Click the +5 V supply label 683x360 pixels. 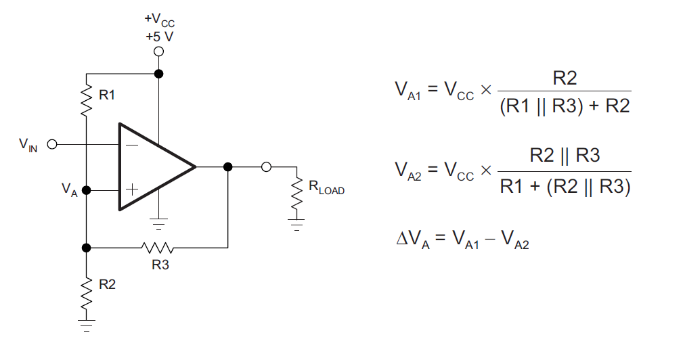click(x=160, y=37)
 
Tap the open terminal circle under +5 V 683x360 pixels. click(x=159, y=52)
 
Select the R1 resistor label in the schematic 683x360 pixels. click(x=107, y=95)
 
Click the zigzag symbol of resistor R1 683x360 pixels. click(x=87, y=100)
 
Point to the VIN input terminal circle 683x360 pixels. click(x=52, y=144)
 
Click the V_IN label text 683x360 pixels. click(x=28, y=145)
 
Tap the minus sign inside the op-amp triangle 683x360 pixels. click(x=131, y=145)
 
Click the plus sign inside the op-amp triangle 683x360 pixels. click(x=131, y=189)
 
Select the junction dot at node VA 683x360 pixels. click(x=86, y=190)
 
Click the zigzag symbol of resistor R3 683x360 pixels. click(x=157, y=248)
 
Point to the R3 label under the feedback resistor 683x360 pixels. click(x=160, y=265)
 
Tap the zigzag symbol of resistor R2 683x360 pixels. click(x=87, y=293)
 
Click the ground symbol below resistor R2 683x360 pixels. click(x=87, y=325)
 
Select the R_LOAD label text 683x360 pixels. click(x=326, y=187)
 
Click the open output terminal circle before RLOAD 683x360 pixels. click(x=266, y=166)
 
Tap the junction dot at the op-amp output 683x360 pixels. click(x=228, y=166)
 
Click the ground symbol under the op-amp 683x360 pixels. click(x=158, y=224)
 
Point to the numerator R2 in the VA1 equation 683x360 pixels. click(x=565, y=78)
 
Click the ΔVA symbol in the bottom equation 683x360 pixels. click(x=413, y=239)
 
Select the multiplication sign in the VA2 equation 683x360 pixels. click(x=485, y=170)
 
